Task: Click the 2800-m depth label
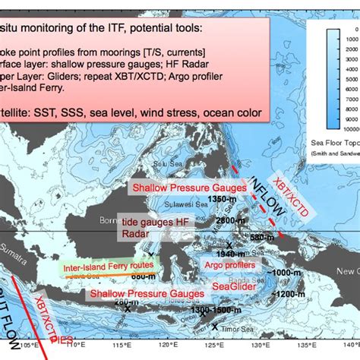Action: point(229,220)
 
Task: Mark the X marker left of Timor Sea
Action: point(215,327)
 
